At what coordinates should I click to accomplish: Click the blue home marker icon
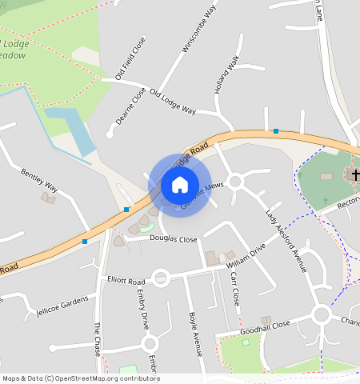180,185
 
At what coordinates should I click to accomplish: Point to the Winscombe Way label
199,29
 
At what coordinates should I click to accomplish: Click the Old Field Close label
130,58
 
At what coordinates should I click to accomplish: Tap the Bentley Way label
39,179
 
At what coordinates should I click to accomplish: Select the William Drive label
246,258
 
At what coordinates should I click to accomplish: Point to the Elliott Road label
126,282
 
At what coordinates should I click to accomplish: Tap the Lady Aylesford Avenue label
287,240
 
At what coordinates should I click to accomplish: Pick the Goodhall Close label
269,326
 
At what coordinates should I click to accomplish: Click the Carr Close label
235,289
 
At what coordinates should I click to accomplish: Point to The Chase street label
98,339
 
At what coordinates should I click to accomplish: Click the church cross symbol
355,174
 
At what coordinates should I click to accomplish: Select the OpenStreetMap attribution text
81,378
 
